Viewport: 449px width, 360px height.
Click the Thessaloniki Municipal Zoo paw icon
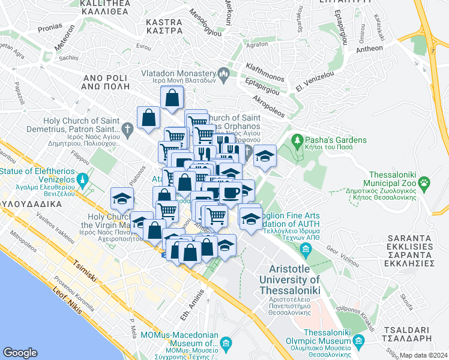point(425,181)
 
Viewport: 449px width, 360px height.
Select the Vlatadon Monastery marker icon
point(224,75)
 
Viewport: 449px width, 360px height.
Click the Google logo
point(20,352)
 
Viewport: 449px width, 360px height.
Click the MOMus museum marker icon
point(226,344)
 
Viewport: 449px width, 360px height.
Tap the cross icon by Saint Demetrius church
point(127,128)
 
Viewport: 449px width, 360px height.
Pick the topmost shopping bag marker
point(172,97)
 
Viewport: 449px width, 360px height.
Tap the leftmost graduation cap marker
point(122,198)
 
